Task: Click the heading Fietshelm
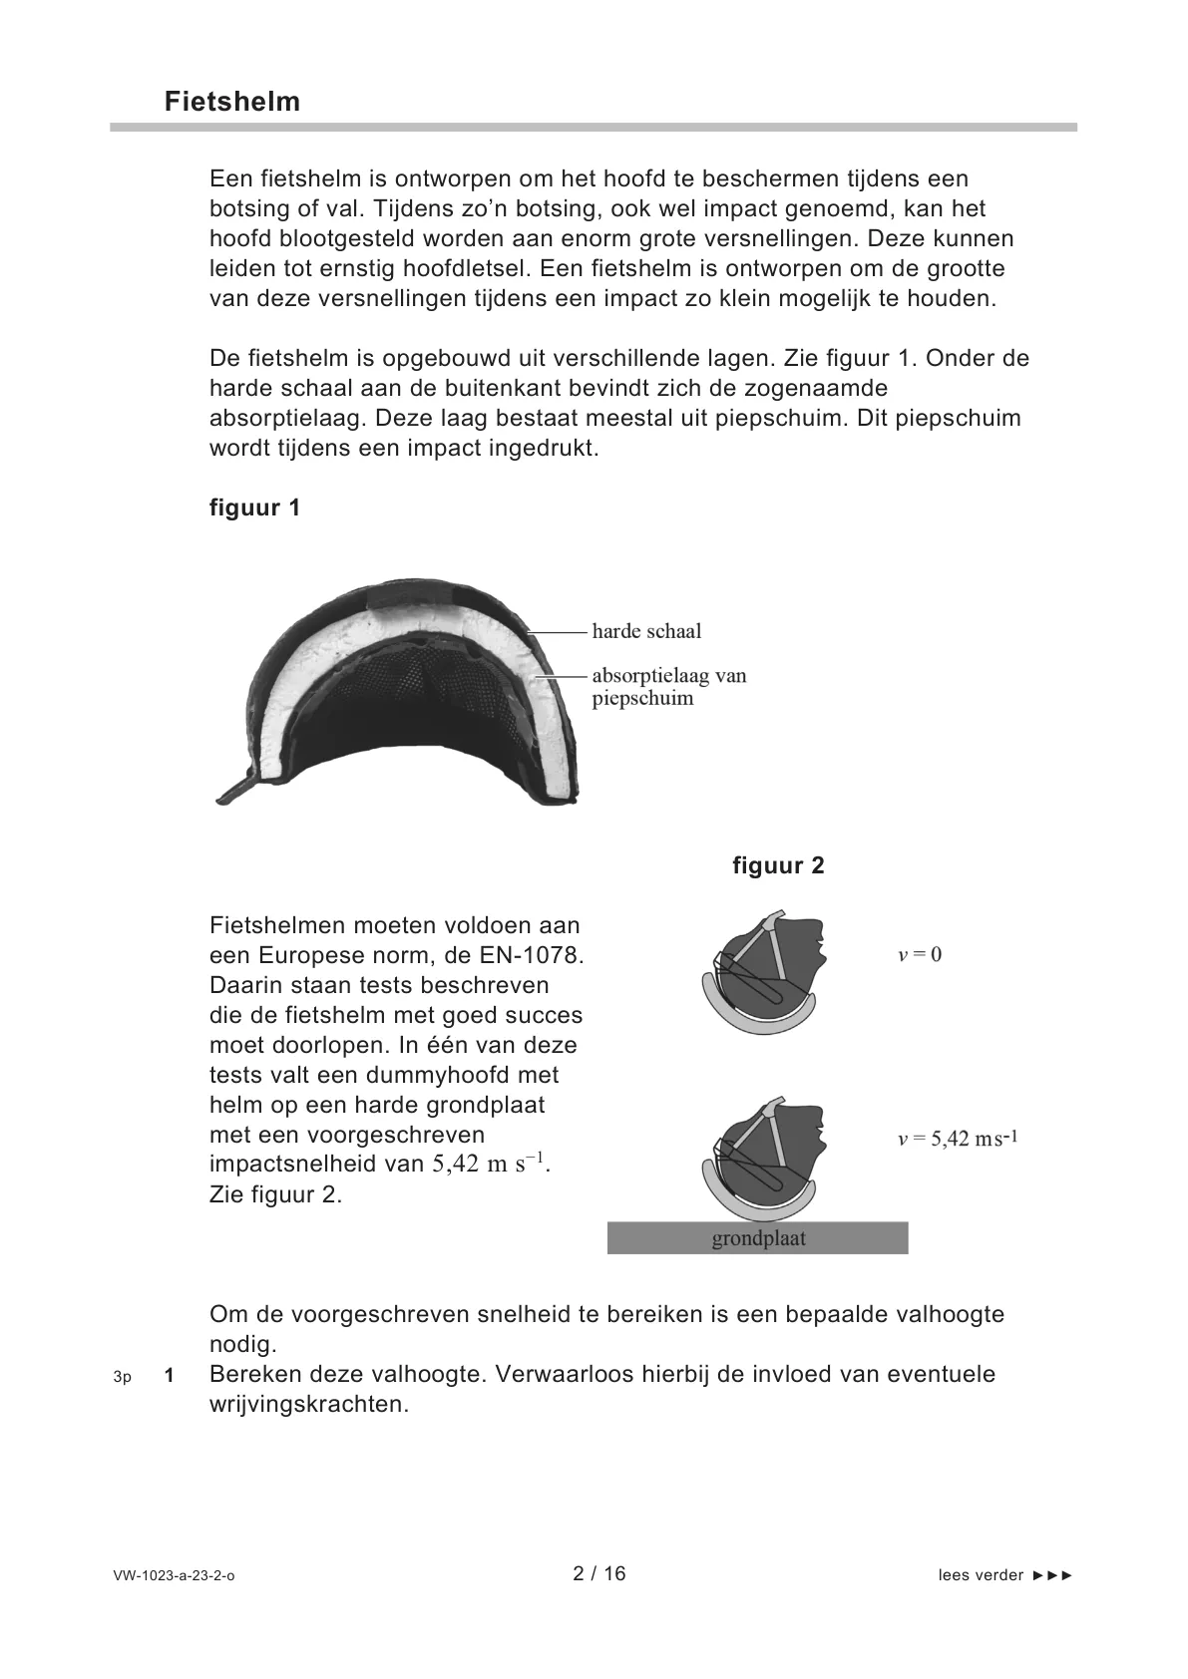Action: (232, 102)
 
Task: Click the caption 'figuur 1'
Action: (254, 507)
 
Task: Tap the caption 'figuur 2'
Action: (778, 865)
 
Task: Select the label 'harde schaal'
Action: (646, 631)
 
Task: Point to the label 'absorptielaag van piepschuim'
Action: (668, 687)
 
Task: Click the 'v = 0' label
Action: (920, 954)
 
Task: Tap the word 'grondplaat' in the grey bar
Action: (758, 1239)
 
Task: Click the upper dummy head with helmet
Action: (763, 972)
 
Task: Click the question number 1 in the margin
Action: (170, 1376)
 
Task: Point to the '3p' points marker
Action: (122, 1377)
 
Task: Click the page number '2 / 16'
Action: (599, 1573)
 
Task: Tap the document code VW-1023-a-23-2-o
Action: (175, 1576)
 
